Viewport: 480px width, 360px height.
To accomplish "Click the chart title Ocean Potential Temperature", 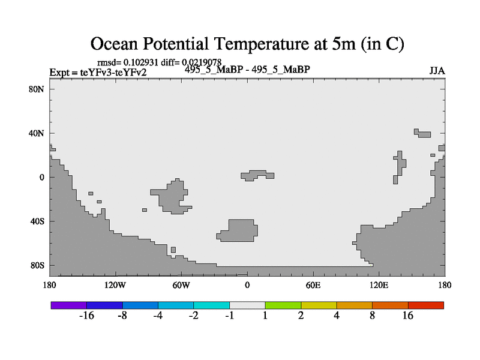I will point(247,44).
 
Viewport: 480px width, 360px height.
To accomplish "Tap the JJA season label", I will point(437,71).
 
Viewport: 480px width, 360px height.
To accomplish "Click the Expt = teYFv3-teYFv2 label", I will point(98,73).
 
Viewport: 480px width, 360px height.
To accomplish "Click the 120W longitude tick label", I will point(115,284).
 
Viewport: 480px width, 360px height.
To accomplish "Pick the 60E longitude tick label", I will point(313,284).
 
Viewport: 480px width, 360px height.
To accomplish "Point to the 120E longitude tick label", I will point(379,284).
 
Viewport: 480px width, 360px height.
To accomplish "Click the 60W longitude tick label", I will point(181,284).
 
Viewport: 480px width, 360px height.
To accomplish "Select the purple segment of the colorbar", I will point(69,305).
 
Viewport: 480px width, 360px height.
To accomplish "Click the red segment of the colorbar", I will point(426,305).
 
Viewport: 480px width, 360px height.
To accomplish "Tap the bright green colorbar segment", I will point(283,305).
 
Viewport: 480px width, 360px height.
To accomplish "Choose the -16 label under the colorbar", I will point(87,316).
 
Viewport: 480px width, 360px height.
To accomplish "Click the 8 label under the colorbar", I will point(373,316).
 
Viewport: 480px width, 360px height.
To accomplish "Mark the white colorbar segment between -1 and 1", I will point(247,305).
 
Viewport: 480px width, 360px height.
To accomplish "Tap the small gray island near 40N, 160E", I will point(424,134).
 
